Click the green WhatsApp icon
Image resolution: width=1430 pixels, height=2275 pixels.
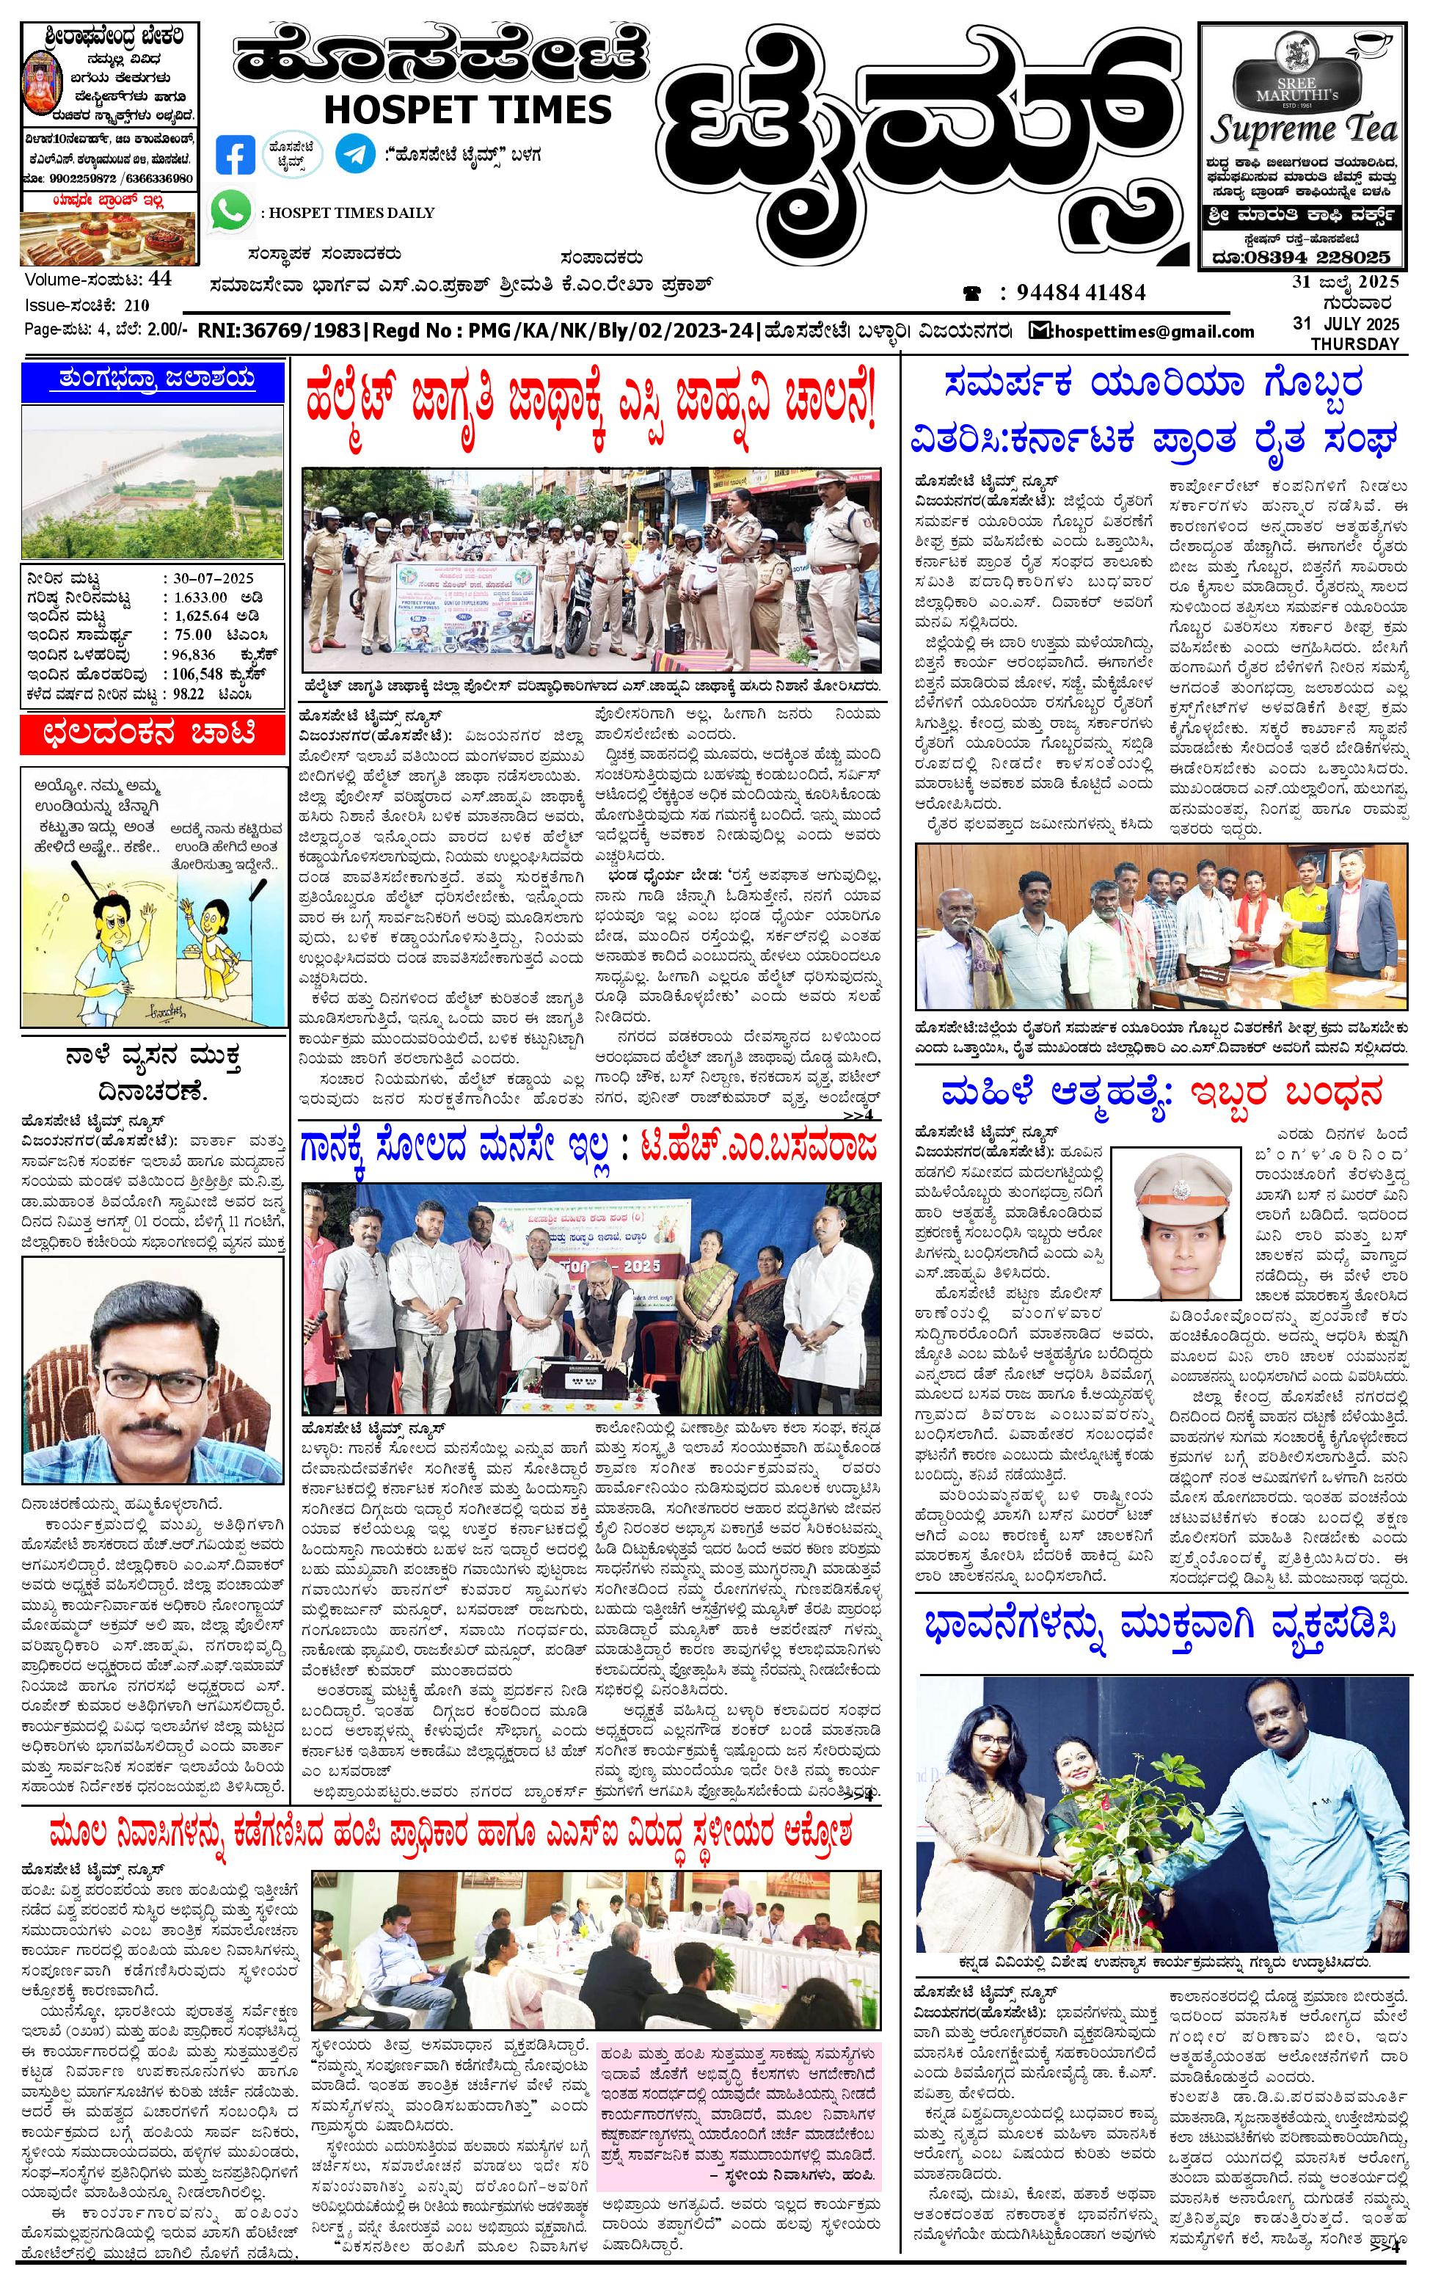pos(230,211)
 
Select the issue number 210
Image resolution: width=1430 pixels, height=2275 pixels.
pos(136,305)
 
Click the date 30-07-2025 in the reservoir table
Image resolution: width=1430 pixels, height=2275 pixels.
pos(214,578)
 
